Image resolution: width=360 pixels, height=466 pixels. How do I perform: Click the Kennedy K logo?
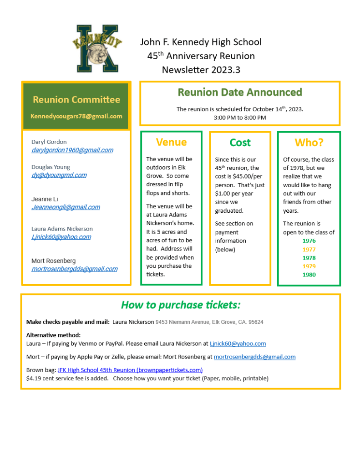point(97,48)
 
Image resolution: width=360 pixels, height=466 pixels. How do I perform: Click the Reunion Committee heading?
point(76,99)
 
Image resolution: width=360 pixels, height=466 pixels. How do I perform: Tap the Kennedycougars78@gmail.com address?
point(76,116)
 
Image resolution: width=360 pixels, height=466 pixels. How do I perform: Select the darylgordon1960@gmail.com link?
point(72,150)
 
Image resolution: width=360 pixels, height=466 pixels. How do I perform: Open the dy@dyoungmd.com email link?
point(59,175)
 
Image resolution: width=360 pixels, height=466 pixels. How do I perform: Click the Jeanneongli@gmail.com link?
point(66,207)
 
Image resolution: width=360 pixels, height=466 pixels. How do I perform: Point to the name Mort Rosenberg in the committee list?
point(54,261)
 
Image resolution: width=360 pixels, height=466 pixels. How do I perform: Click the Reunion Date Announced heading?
point(240,92)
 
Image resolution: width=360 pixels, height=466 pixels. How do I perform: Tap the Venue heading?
point(171,142)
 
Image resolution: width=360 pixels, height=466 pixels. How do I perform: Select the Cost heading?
point(240,143)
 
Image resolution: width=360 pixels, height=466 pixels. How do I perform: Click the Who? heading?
point(309,142)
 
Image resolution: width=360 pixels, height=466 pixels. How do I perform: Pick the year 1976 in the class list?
point(309,241)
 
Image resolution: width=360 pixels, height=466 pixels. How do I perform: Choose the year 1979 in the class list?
point(309,266)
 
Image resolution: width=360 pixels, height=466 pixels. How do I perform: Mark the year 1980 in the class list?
point(309,275)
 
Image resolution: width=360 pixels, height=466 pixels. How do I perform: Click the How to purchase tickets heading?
point(181,305)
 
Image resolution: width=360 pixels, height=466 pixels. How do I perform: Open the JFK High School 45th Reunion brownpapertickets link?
point(130,370)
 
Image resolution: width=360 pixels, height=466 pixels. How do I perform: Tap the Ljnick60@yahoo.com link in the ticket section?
point(238,344)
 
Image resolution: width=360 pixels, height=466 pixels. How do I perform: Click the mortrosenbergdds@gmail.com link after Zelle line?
point(254,357)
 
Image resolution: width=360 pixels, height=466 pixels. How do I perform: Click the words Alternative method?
point(53,335)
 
